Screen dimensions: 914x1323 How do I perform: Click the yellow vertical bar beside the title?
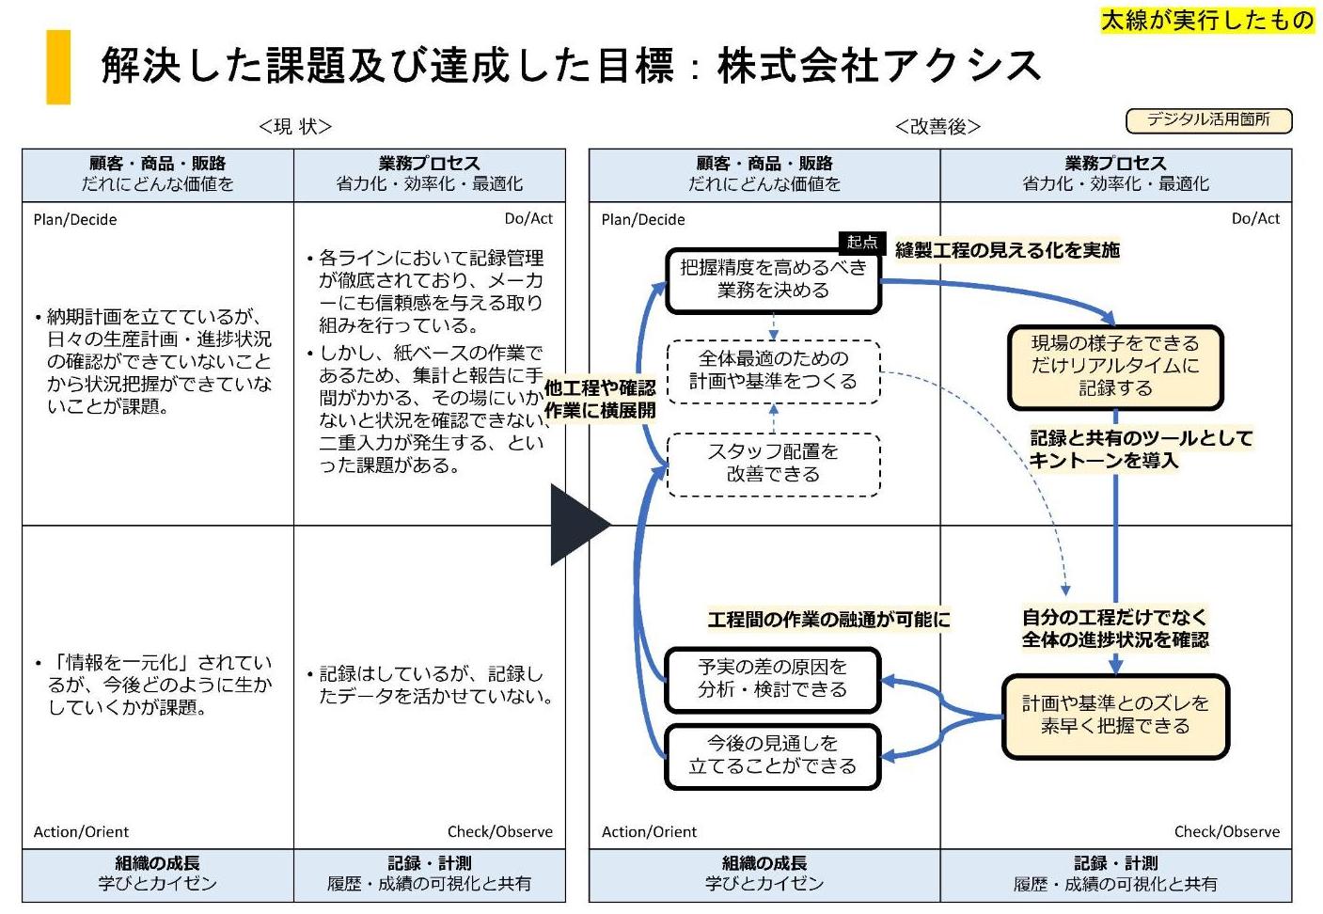(58, 67)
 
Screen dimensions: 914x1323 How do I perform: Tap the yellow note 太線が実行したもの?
(1207, 20)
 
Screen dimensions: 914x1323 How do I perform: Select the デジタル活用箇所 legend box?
(1208, 120)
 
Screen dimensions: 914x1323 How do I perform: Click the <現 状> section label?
(295, 126)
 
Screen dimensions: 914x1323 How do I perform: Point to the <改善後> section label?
(937, 126)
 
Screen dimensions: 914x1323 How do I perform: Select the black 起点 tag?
(861, 243)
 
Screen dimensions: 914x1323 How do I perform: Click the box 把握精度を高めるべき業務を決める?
(773, 280)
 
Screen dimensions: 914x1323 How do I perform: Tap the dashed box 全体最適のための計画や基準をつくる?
(773, 370)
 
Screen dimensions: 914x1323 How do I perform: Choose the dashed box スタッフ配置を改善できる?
(773, 464)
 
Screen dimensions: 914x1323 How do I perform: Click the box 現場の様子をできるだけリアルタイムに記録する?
(1115, 367)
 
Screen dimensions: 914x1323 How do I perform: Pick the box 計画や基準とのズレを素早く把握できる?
(1115, 716)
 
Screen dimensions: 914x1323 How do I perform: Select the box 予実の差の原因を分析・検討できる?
(773, 679)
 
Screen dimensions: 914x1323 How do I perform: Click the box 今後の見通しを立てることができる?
(773, 755)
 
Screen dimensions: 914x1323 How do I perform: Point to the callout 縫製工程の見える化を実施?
(1007, 250)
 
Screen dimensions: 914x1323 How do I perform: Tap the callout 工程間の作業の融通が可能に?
(828, 620)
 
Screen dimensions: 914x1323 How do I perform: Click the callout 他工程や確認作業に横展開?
(600, 400)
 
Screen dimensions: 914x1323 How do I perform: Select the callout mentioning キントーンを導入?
(1141, 449)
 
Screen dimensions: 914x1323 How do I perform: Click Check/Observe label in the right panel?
(1226, 831)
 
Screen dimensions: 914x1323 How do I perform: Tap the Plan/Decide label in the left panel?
(75, 220)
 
